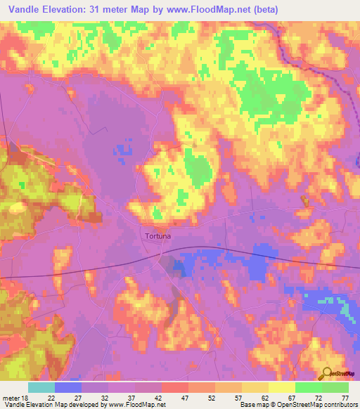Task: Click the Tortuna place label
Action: tap(157, 237)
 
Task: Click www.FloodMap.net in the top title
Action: tap(215, 10)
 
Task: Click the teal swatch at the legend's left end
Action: tap(41, 387)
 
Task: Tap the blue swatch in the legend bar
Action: tap(68, 387)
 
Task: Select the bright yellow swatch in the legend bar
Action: tap(282, 387)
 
